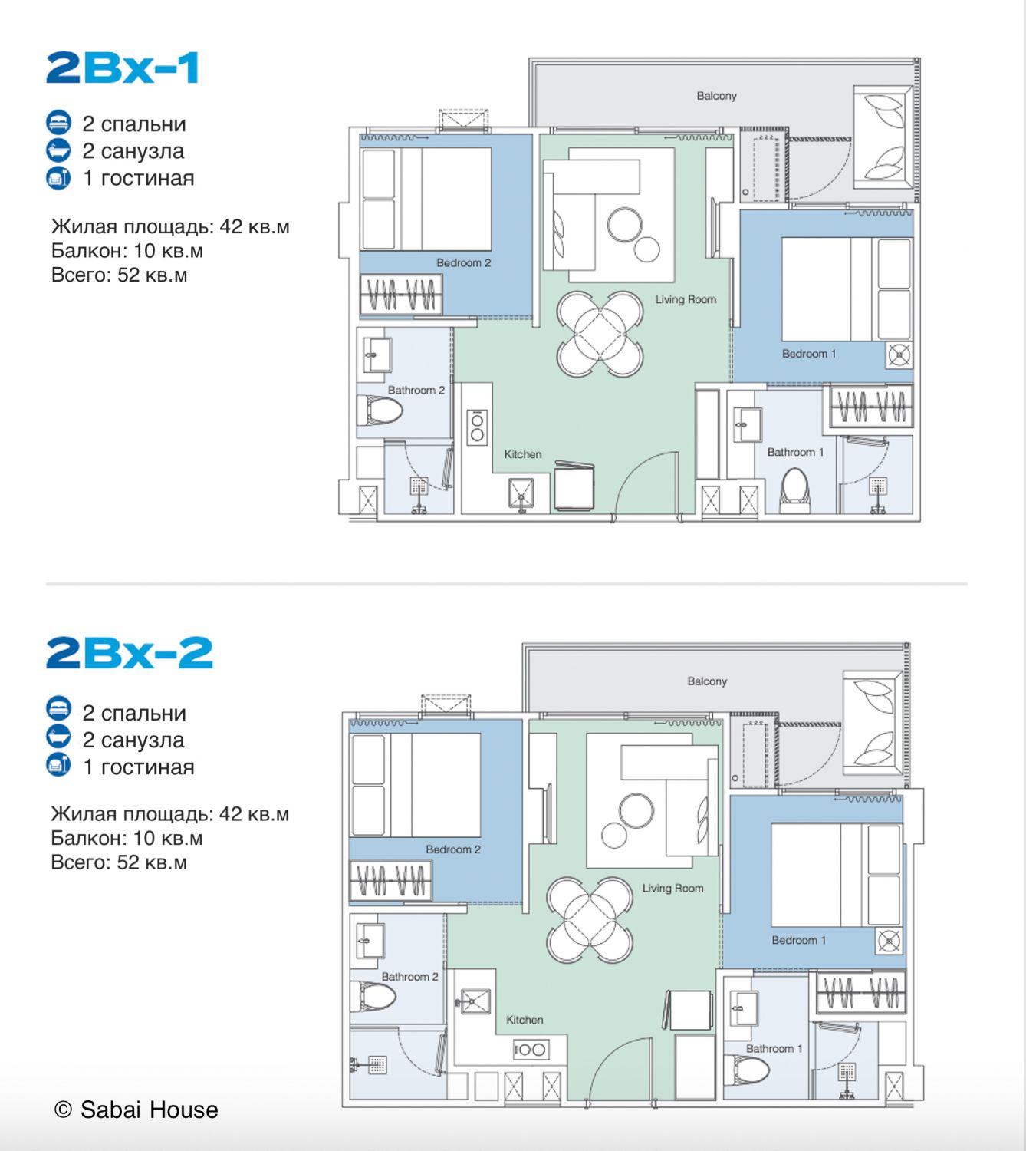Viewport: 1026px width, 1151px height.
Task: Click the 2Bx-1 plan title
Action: [122, 68]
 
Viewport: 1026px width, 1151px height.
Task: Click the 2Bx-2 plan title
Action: [130, 652]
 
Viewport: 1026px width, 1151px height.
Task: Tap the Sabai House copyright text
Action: [136, 1110]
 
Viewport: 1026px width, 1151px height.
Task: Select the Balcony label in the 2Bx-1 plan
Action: [716, 96]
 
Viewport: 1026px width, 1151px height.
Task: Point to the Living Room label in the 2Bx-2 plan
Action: [672, 889]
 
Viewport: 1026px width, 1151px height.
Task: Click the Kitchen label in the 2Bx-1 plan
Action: [523, 454]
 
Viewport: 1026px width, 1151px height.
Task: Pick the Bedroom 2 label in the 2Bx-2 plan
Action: [453, 849]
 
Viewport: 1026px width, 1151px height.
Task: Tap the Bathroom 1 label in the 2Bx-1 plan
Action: [795, 452]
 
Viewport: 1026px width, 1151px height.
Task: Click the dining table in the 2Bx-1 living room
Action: [600, 334]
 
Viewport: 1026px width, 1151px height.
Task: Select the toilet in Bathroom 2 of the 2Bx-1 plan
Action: [380, 410]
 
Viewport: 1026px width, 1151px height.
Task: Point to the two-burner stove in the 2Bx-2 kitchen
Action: [531, 1049]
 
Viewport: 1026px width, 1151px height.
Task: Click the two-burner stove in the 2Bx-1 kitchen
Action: [477, 427]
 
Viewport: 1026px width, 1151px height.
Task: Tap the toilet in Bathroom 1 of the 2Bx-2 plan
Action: [747, 1070]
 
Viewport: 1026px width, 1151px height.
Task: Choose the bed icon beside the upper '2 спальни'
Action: [58, 124]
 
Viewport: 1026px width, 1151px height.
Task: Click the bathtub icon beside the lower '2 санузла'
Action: [58, 737]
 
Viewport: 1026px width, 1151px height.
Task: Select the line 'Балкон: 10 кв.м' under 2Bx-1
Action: [127, 251]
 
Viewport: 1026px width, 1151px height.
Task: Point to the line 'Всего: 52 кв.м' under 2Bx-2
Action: [119, 862]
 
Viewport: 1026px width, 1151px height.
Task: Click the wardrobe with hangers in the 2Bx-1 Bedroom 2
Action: [401, 295]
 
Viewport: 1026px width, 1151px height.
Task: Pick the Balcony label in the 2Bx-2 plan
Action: [707, 681]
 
